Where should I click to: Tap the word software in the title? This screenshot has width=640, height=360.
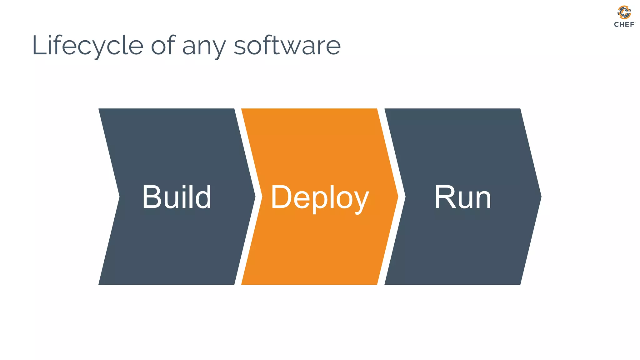coord(287,46)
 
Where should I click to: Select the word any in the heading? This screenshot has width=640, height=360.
coord(203,47)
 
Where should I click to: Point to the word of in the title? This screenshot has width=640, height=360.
coord(163,46)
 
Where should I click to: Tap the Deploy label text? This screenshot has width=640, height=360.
coord(320,197)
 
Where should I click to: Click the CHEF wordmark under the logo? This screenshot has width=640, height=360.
coord(624,24)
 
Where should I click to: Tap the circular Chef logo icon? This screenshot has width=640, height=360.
coord(624,12)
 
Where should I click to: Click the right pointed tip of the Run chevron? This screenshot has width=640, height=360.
coord(540,197)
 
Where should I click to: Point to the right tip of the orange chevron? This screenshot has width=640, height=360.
coord(397,197)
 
